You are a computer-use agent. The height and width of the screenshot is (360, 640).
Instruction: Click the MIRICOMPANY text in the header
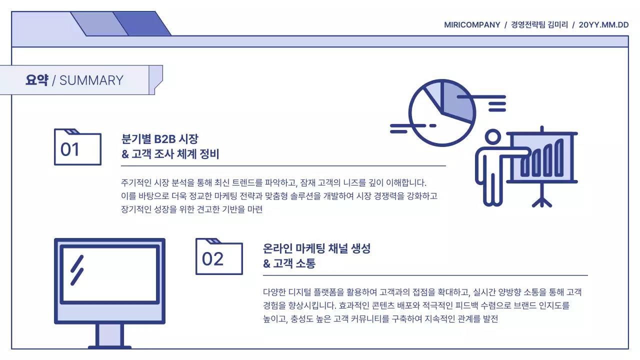coord(472,24)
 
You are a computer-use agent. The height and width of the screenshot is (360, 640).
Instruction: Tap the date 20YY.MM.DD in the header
coord(603,24)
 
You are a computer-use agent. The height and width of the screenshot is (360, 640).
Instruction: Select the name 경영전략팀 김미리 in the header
coord(539,24)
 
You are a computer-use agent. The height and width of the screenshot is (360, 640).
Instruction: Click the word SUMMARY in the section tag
coord(91,80)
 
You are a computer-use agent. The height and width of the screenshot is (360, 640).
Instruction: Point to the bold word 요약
coord(36,80)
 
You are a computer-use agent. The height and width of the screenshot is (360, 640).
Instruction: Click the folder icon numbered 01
coord(77,147)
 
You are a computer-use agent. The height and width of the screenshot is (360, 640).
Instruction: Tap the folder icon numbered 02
coord(219,257)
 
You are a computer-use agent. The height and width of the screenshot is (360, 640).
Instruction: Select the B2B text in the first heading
coord(165,139)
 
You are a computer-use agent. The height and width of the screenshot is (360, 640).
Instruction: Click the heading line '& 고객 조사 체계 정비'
coord(170,154)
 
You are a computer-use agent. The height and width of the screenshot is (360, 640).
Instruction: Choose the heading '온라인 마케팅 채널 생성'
coord(316,248)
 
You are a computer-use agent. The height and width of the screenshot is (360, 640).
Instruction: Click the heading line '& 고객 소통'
coord(289,264)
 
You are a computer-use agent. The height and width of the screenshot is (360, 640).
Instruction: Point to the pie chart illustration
coord(441,113)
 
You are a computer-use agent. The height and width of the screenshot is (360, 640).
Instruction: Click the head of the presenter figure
coord(492,137)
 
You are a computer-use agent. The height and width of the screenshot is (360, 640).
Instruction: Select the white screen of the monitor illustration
coord(108,274)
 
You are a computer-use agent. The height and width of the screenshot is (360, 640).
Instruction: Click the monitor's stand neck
coord(109,334)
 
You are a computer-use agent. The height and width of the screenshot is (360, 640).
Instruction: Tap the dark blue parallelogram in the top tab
coord(142,24)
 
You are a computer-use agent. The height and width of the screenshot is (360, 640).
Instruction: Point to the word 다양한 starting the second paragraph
coord(275,292)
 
